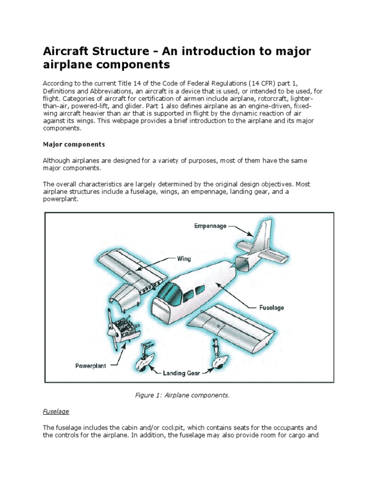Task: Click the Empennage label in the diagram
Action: coord(210,226)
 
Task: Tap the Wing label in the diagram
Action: coord(184,259)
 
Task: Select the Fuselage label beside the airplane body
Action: coord(271,308)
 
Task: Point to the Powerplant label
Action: coord(91,366)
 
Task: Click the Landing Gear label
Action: coord(182,373)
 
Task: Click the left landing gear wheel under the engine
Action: coord(144,364)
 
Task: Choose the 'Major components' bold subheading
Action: coord(74,144)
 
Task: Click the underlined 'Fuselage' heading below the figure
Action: coord(56,411)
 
